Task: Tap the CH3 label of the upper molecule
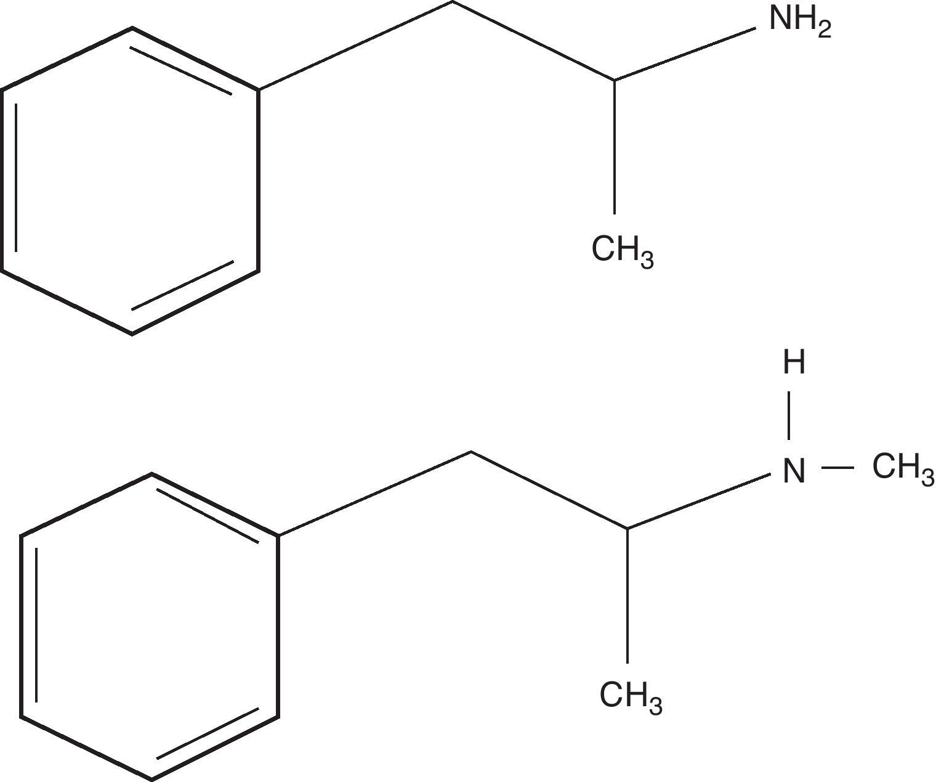pyautogui.click(x=621, y=251)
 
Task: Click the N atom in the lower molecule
pyautogui.click(x=794, y=471)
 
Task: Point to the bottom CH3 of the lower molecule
pyautogui.click(x=630, y=698)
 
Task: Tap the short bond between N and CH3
pyautogui.click(x=837, y=468)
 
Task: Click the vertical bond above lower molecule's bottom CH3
pyautogui.click(x=627, y=595)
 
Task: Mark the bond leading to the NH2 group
pyautogui.click(x=685, y=54)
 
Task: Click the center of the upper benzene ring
pyautogui.click(x=130, y=181)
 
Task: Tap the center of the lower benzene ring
pyautogui.click(x=150, y=627)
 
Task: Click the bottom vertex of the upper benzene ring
pyautogui.click(x=132, y=334)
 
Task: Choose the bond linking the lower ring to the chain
pyautogui.click(x=374, y=494)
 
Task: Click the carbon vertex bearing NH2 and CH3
pyautogui.click(x=615, y=79)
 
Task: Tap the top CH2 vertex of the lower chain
pyautogui.click(x=470, y=452)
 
